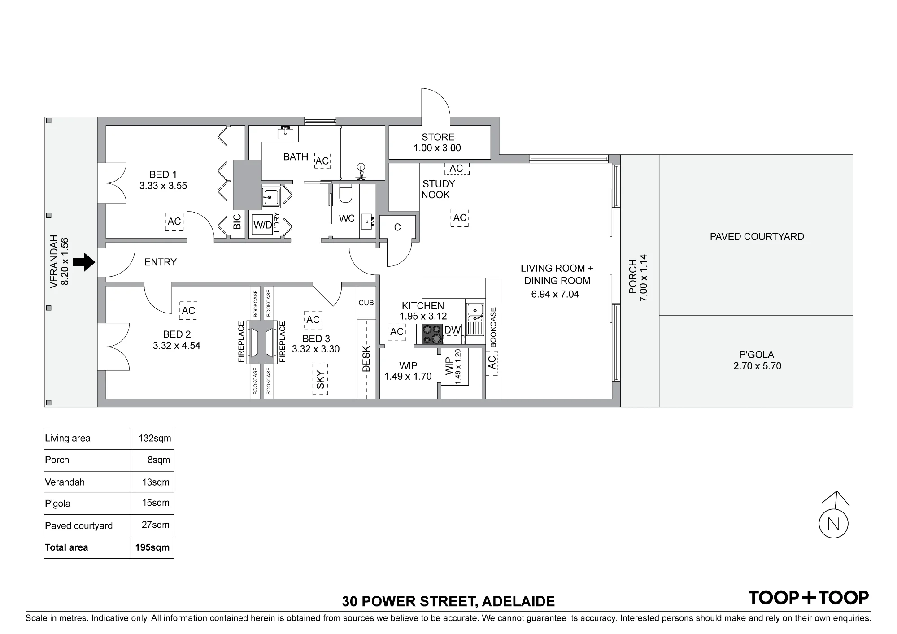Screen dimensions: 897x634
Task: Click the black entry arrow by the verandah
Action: (x=84, y=262)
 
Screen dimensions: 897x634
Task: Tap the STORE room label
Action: (x=438, y=137)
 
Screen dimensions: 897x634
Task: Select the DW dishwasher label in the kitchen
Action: (x=452, y=330)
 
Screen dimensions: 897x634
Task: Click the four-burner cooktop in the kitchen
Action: (x=432, y=334)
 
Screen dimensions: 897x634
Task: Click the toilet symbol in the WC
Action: (x=346, y=193)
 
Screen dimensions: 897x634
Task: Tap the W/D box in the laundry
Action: (x=263, y=225)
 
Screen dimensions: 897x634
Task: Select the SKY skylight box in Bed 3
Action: (x=320, y=379)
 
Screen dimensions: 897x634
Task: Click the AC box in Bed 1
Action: (x=174, y=221)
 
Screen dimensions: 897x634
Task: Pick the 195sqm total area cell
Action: (x=152, y=547)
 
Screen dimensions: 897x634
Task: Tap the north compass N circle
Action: (x=834, y=524)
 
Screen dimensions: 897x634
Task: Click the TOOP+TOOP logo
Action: (x=809, y=598)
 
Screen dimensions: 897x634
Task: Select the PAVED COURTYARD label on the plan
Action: (x=757, y=237)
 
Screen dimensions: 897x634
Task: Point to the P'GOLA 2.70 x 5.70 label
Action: (x=757, y=360)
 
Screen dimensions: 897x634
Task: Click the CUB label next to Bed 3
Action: (x=366, y=303)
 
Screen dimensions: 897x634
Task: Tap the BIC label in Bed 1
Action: (x=237, y=222)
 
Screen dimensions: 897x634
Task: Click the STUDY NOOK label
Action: (x=438, y=189)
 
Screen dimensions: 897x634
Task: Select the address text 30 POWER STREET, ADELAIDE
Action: (x=448, y=601)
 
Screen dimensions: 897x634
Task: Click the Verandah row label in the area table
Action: (x=65, y=482)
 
